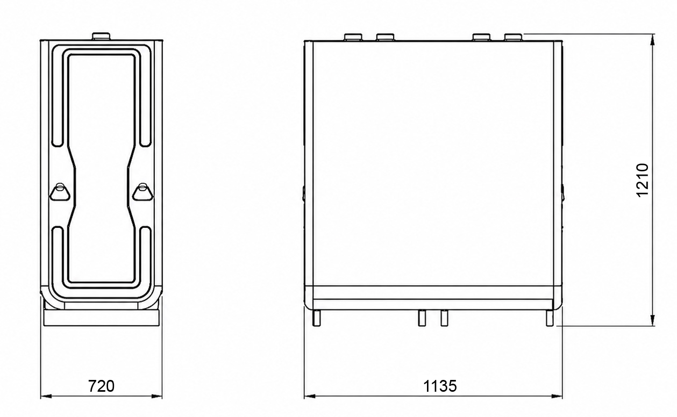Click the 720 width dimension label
point(101,386)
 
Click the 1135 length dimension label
point(440,386)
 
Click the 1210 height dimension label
point(643,180)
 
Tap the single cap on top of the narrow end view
point(101,37)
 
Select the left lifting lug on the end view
point(60,192)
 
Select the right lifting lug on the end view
point(142,192)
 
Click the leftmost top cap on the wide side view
point(353,38)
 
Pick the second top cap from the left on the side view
point(386,38)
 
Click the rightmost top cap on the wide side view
point(514,38)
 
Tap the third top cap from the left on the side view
point(481,38)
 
